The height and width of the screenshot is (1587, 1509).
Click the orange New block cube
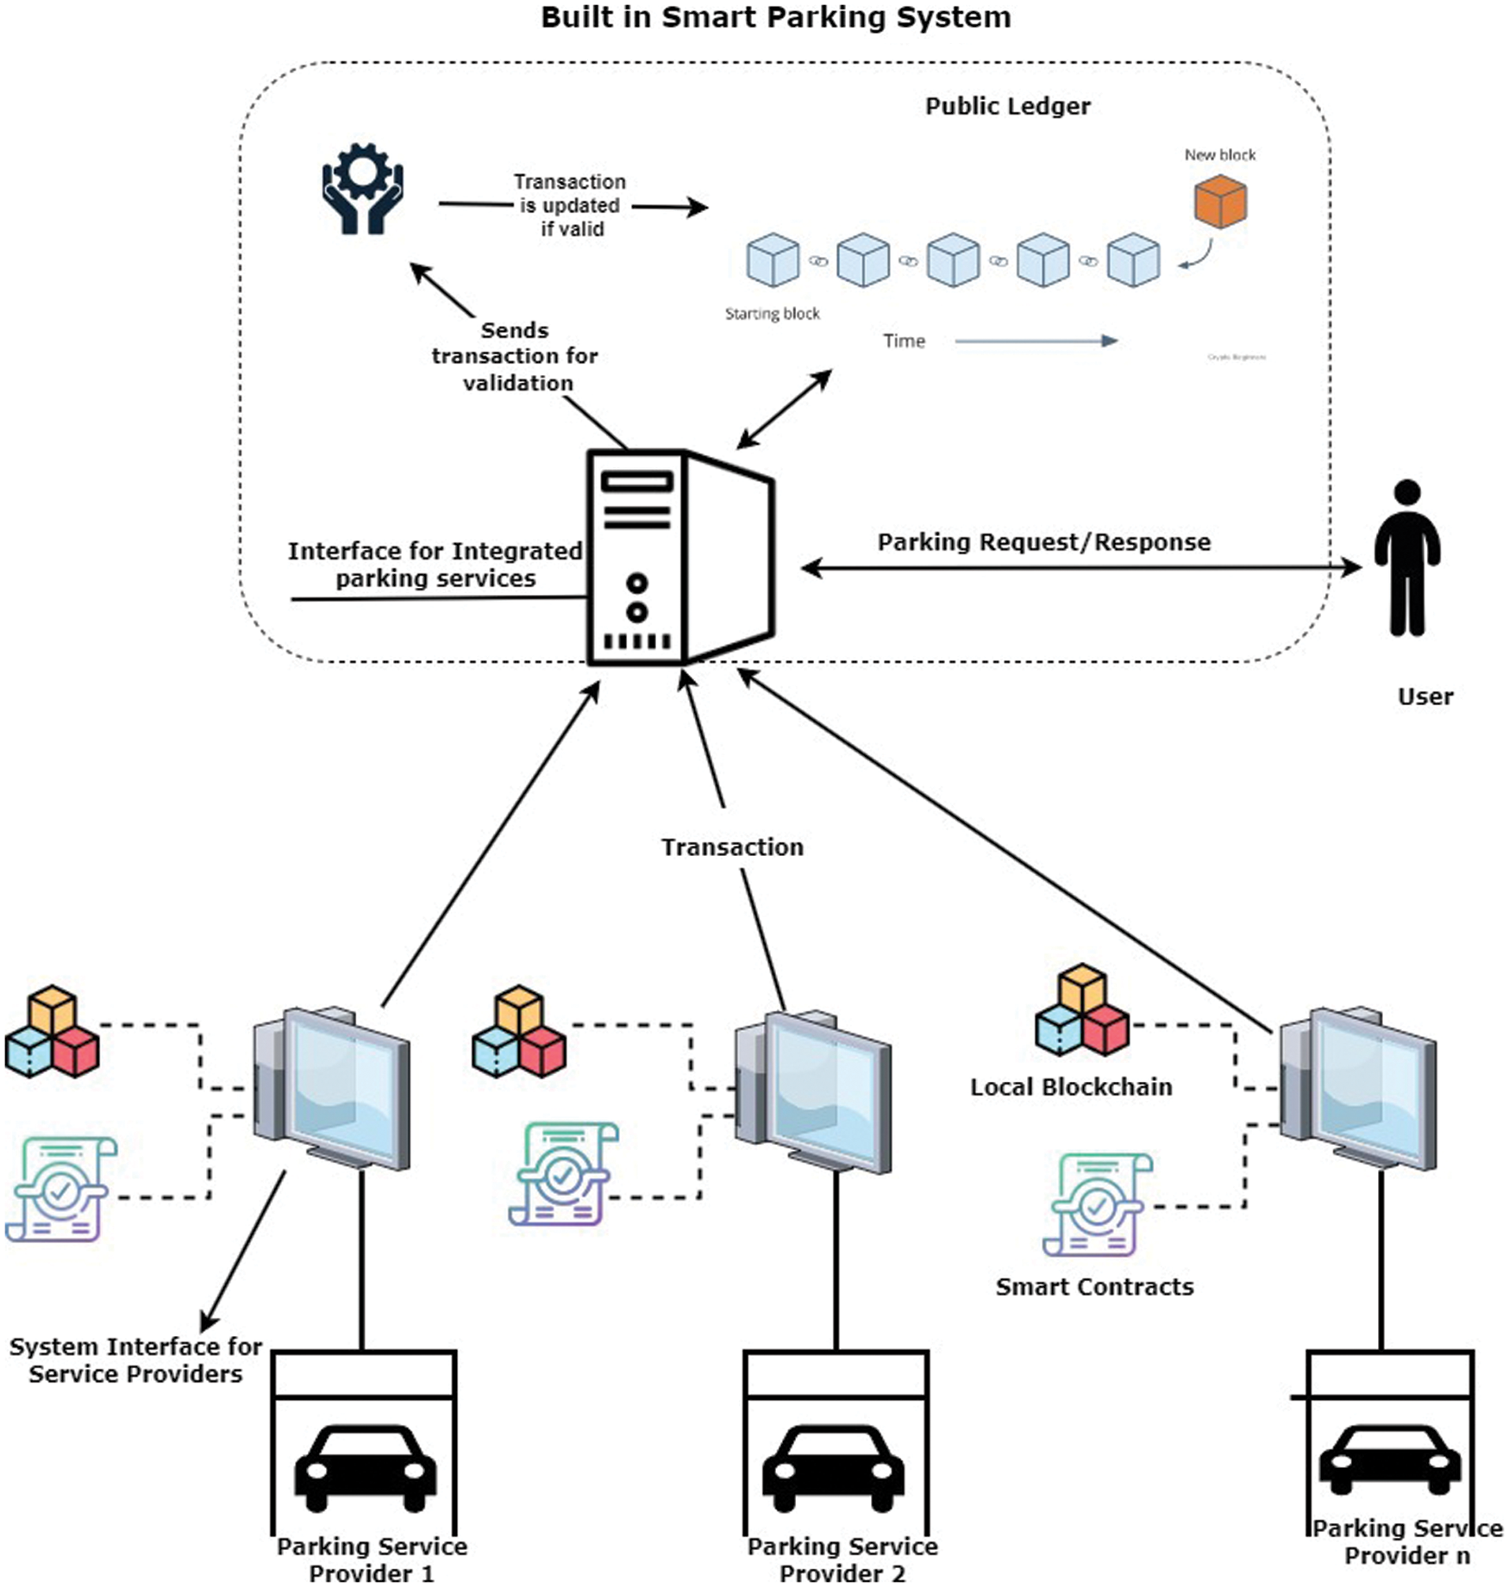point(1220,201)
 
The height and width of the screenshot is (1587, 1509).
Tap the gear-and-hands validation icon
point(362,189)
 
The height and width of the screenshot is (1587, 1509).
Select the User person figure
point(1407,558)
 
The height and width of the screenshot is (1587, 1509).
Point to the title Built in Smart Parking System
point(775,17)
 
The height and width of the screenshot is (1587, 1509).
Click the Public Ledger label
point(1007,106)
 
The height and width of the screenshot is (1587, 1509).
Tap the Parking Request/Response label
point(1043,542)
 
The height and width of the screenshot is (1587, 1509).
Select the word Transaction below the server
point(732,847)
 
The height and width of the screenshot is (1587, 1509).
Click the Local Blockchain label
point(1071,1087)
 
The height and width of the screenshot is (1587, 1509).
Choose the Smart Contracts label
point(1094,1287)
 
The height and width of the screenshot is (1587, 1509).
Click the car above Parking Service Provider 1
point(365,1468)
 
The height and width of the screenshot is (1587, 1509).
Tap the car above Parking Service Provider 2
point(833,1468)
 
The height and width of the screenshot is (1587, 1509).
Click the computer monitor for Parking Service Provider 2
point(815,1090)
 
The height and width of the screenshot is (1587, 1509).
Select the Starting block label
point(772,314)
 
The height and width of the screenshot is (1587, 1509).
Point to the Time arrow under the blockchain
point(1036,341)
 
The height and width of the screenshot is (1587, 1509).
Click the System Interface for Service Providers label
point(135,1359)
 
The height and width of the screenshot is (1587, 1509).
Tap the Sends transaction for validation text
point(516,356)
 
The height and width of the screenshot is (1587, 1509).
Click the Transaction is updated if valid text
point(570,205)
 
